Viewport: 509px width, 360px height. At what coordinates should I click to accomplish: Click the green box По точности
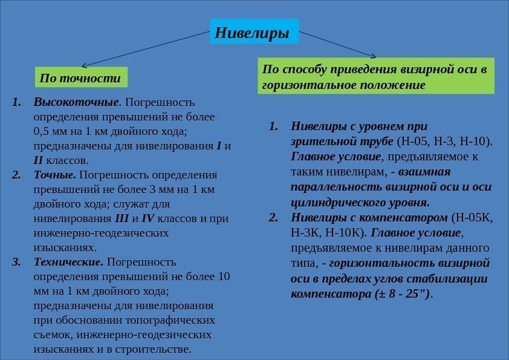click(x=80, y=78)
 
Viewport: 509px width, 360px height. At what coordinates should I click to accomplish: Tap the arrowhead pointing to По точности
click(x=84, y=65)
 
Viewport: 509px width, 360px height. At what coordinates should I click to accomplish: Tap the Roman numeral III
click(x=121, y=218)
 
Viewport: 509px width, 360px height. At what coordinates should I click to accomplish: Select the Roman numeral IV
click(x=148, y=218)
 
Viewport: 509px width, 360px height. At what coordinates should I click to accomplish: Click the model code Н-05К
click(x=473, y=218)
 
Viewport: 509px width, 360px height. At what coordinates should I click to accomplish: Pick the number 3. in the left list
click(x=17, y=262)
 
